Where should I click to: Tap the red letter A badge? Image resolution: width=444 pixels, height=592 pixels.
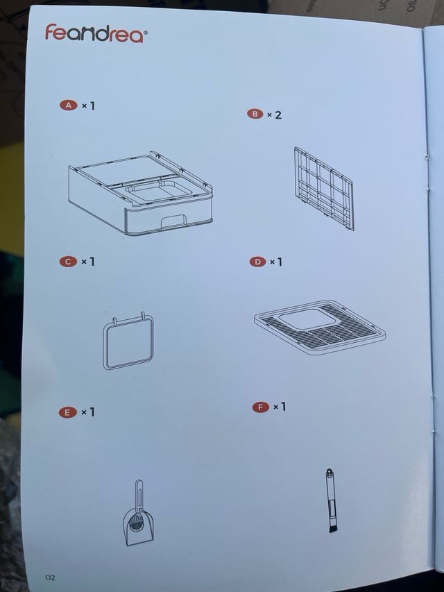68,106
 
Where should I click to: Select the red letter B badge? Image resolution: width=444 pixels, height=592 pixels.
255,114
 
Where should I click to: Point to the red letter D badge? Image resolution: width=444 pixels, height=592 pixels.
257,262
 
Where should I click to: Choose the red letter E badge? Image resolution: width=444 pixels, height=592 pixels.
67,412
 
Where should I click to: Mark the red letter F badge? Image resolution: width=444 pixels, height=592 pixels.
261,407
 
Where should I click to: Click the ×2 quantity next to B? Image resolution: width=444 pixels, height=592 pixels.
275,114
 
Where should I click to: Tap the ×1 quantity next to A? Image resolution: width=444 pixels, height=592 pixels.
87,106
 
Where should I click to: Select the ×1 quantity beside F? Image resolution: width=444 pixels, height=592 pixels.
280,407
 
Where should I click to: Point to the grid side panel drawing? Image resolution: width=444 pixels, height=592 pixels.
323,187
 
